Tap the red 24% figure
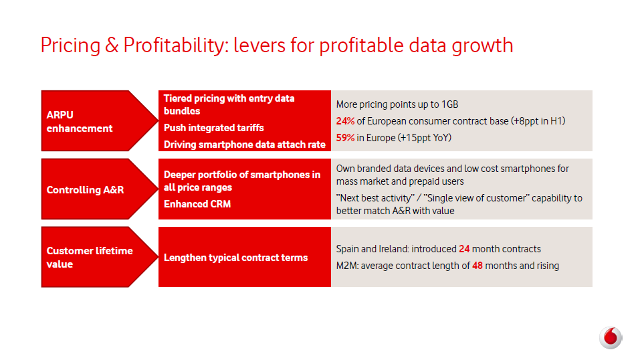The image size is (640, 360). pyautogui.click(x=345, y=121)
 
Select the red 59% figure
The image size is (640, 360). pyautogui.click(x=345, y=138)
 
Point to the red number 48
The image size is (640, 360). pyautogui.click(x=477, y=266)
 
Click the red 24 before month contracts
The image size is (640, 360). pyautogui.click(x=464, y=249)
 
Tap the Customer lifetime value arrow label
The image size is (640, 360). pyautogui.click(x=90, y=258)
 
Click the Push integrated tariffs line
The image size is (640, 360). pyautogui.click(x=214, y=128)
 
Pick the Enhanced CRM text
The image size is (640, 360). pyautogui.click(x=197, y=204)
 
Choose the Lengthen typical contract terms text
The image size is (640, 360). pyautogui.click(x=235, y=258)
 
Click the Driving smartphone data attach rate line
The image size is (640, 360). pyautogui.click(x=245, y=145)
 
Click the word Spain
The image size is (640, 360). pyautogui.click(x=348, y=249)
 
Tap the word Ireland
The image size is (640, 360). pyautogui.click(x=395, y=249)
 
